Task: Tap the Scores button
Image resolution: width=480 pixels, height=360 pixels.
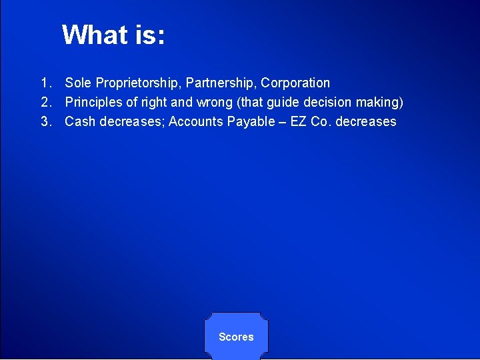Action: click(x=236, y=337)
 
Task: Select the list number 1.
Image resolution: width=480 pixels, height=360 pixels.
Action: click(x=45, y=83)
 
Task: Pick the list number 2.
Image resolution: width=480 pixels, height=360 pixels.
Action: click(x=45, y=103)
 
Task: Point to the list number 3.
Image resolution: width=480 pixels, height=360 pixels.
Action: click(x=45, y=122)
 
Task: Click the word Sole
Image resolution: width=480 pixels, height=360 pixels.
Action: click(x=78, y=83)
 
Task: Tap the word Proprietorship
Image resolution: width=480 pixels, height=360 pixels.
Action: click(x=137, y=83)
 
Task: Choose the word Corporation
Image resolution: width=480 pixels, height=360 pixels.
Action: click(x=295, y=83)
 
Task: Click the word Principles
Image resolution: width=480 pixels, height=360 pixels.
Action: click(x=93, y=103)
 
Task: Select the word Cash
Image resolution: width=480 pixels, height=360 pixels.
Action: click(x=79, y=122)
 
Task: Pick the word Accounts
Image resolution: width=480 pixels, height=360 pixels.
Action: click(x=193, y=122)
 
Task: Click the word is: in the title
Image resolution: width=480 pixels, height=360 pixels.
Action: click(x=149, y=35)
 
